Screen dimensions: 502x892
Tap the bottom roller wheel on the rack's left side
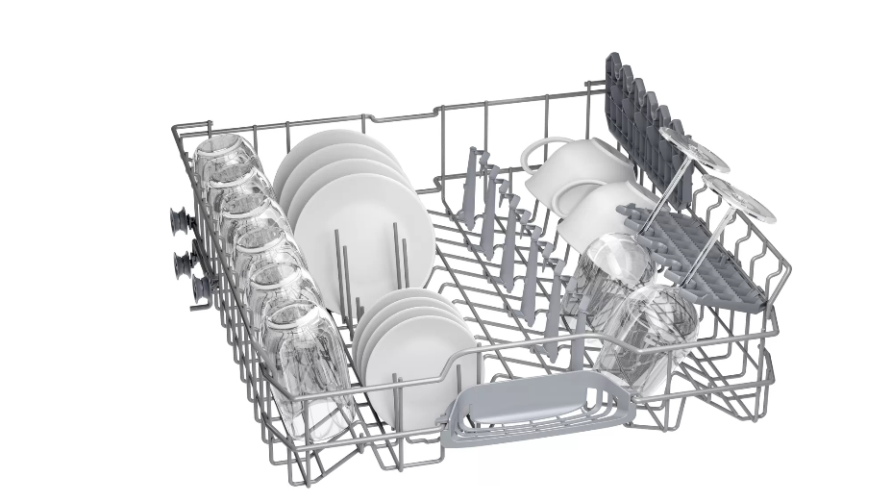199,288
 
